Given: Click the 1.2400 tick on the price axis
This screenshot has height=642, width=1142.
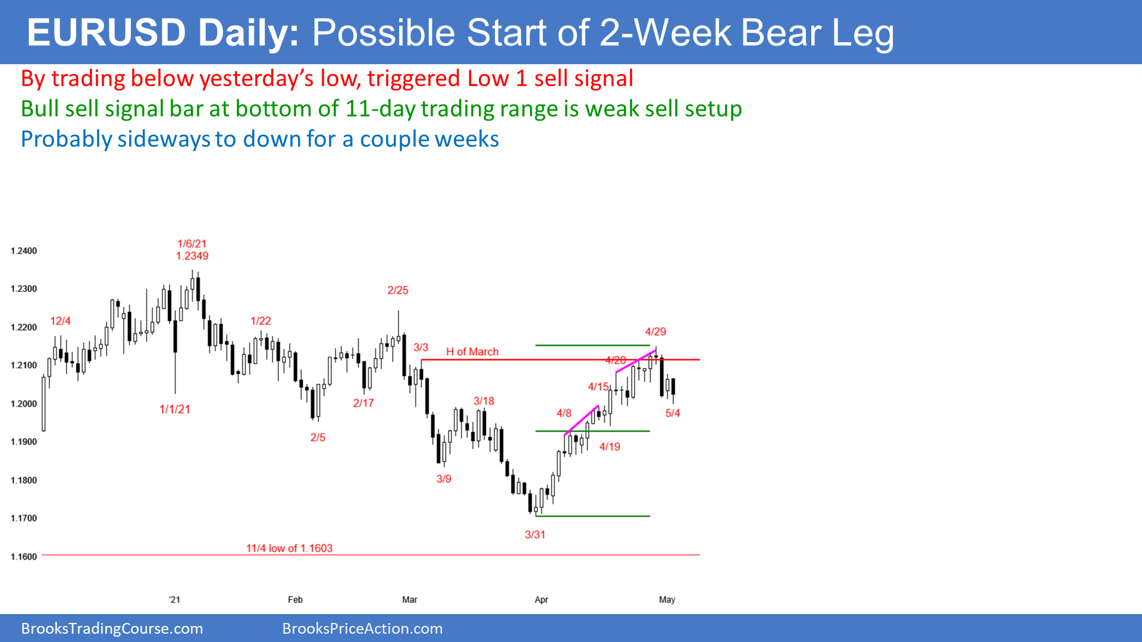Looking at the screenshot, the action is [x=24, y=251].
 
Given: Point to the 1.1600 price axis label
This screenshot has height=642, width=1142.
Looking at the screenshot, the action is [x=24, y=557].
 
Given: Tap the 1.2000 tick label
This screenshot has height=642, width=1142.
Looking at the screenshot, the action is [x=24, y=404].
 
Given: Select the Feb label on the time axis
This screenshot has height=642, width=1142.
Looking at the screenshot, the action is [x=295, y=600].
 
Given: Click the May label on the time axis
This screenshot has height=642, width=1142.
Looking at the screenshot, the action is [x=667, y=600].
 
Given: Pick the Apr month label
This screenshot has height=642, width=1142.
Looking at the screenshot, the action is [x=541, y=600].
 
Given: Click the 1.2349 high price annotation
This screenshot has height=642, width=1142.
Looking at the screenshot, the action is [x=192, y=256].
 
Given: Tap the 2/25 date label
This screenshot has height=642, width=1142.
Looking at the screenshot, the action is [x=398, y=291].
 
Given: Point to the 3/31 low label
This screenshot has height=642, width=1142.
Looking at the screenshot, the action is [x=535, y=535].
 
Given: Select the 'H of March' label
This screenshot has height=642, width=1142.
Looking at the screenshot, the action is [x=472, y=352].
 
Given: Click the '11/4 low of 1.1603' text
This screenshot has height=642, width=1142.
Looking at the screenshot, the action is [x=290, y=549].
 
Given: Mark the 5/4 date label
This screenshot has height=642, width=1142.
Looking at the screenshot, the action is [x=673, y=413].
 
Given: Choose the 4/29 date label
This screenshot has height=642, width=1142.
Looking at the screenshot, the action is [x=655, y=332].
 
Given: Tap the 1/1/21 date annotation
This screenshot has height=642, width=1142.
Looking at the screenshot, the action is [x=175, y=410].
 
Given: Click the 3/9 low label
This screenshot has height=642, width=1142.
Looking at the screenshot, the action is [x=444, y=479].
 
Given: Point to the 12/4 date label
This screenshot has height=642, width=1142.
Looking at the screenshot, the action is [x=60, y=321].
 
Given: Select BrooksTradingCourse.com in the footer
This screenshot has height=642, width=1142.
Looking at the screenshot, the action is [x=112, y=629].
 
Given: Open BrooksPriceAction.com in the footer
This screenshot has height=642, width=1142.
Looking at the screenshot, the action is [x=362, y=629].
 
